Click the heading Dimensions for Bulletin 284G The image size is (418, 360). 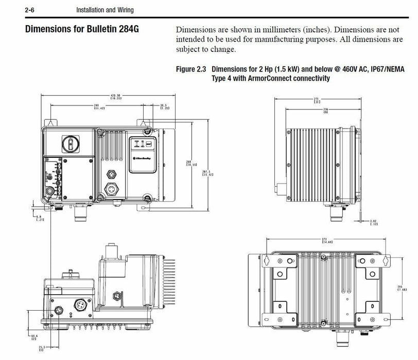pyautogui.click(x=82, y=29)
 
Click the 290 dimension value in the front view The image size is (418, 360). pyautogui.click(x=97, y=105)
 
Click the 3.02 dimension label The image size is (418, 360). pyautogui.click(x=375, y=223)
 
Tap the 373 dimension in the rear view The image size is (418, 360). pyautogui.click(x=325, y=240)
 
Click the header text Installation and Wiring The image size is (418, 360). pyautogui.click(x=108, y=10)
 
